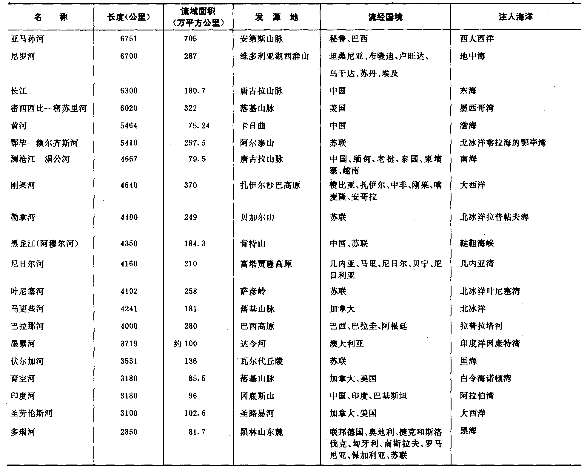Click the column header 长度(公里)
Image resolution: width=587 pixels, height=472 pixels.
(129, 17)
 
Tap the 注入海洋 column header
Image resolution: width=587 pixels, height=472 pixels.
(515, 17)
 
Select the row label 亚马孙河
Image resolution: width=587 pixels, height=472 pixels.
(27, 39)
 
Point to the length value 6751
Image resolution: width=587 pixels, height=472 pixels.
(129, 39)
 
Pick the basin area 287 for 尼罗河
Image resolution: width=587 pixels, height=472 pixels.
(190, 56)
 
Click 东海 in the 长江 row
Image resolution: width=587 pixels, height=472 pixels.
(468, 91)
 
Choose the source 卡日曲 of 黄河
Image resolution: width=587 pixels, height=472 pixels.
(252, 126)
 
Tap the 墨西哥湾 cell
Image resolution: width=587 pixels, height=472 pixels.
(477, 108)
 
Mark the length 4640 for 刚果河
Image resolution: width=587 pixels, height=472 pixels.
(129, 185)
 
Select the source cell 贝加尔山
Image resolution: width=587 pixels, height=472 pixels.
(257, 217)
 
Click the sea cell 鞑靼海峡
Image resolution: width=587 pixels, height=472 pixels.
(477, 243)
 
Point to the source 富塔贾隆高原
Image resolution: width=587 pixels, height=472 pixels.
(266, 264)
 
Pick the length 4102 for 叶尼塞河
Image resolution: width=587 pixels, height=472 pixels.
(129, 291)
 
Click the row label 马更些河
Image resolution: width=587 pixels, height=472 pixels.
(27, 309)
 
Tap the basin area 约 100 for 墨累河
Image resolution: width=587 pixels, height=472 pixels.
(185, 344)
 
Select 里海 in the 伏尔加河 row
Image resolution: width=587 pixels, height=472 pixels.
(468, 361)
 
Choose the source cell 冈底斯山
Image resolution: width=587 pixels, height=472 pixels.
(257, 396)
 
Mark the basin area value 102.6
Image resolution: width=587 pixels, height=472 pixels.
(195, 413)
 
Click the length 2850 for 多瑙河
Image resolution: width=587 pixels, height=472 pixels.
(129, 432)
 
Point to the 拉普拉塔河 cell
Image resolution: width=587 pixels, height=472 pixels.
(481, 326)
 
